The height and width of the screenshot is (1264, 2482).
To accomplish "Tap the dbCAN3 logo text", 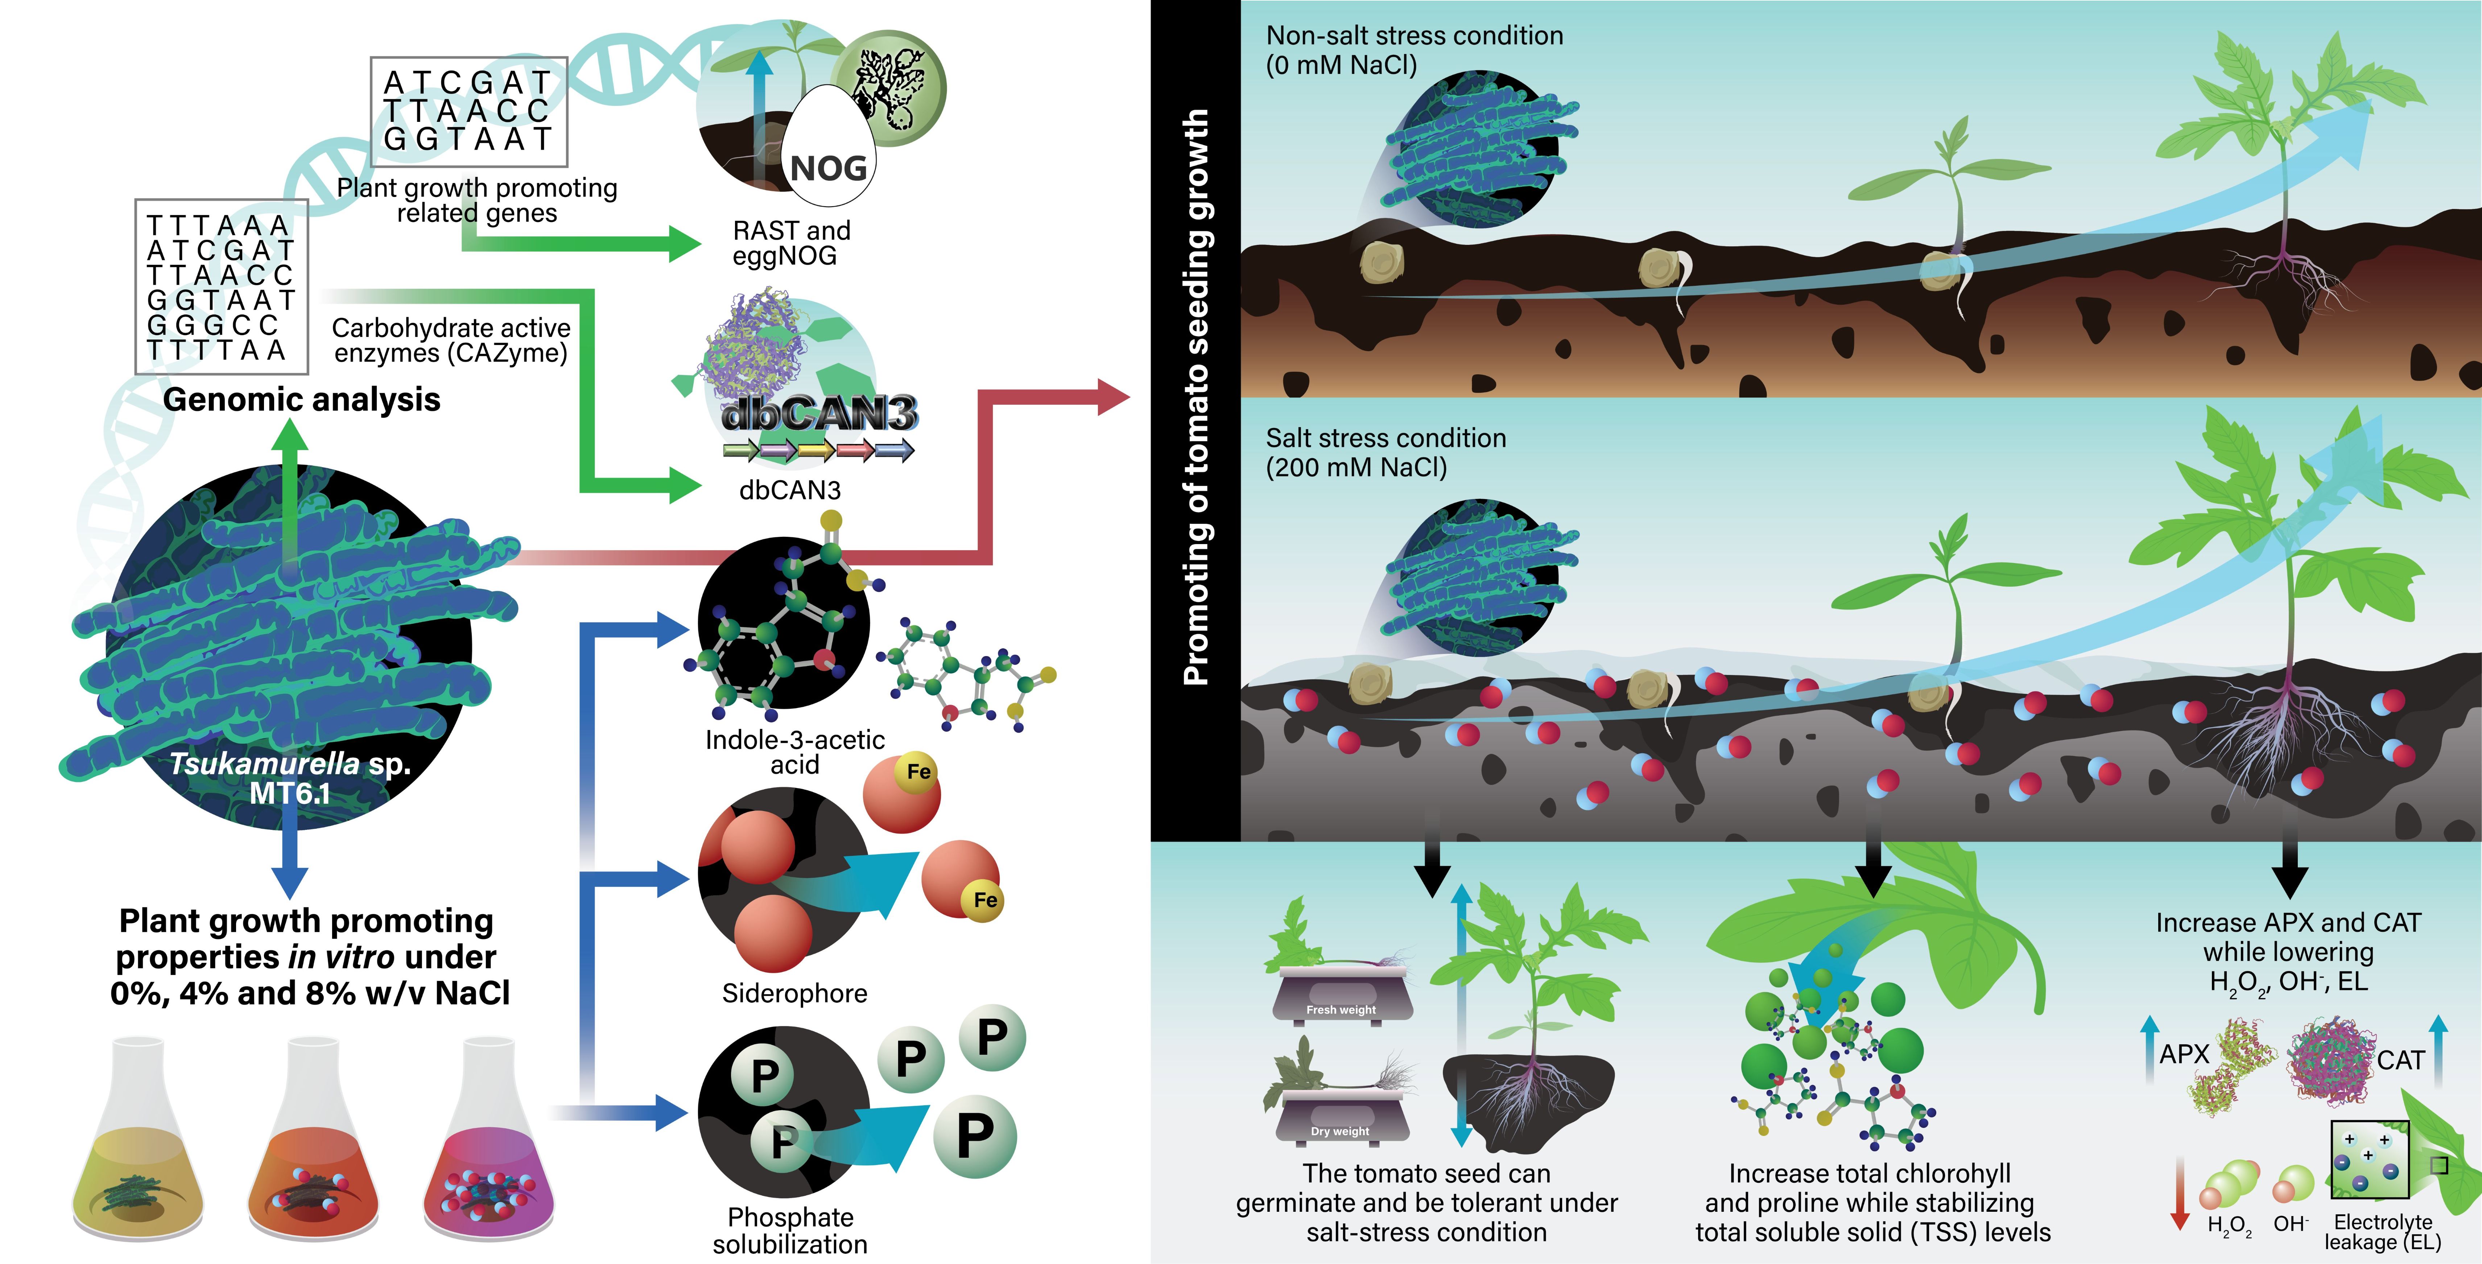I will pyautogui.click(x=819, y=414).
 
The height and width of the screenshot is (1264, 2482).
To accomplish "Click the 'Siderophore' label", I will pyautogui.click(x=794, y=993).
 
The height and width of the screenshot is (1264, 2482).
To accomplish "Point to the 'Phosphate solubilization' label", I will pyautogui.click(x=790, y=1230).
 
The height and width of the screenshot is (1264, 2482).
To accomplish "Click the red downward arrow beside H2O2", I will pyautogui.click(x=2180, y=1195).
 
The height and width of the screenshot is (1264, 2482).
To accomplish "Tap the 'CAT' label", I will pyautogui.click(x=2400, y=1061).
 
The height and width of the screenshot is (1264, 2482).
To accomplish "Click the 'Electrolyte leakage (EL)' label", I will pyautogui.click(x=2383, y=1232).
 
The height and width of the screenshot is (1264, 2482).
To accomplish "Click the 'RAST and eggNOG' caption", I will pyautogui.click(x=791, y=243).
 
